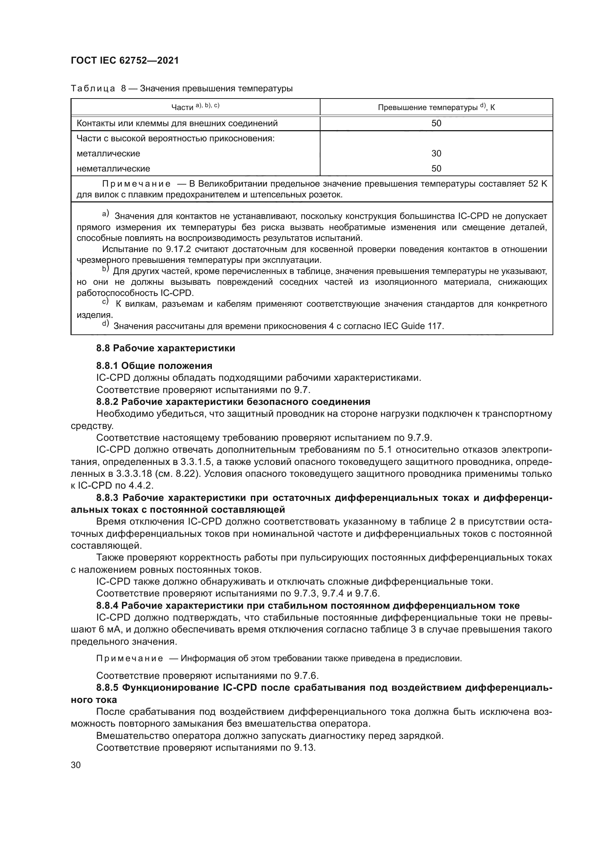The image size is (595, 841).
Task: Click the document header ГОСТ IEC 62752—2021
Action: pyautogui.click(x=124, y=61)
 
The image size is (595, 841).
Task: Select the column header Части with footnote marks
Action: pyautogui.click(x=195, y=106)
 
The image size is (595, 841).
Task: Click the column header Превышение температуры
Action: pyautogui.click(x=436, y=107)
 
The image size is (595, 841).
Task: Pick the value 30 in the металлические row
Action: pyautogui.click(x=436, y=153)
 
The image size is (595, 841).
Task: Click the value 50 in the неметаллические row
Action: pyautogui.click(x=436, y=169)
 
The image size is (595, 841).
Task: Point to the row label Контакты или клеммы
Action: pyautogui.click(x=177, y=123)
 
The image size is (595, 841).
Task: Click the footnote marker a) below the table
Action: pyautogui.click(x=105, y=214)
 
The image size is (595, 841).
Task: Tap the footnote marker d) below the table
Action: pyautogui.click(x=105, y=324)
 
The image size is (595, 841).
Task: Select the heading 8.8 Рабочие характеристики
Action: pyautogui.click(x=165, y=348)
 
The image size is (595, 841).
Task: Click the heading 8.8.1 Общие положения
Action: pyautogui.click(x=154, y=366)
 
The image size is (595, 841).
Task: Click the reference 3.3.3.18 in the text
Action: pyautogui.click(x=135, y=474)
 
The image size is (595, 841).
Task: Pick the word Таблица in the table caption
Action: pyautogui.click(x=93, y=89)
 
